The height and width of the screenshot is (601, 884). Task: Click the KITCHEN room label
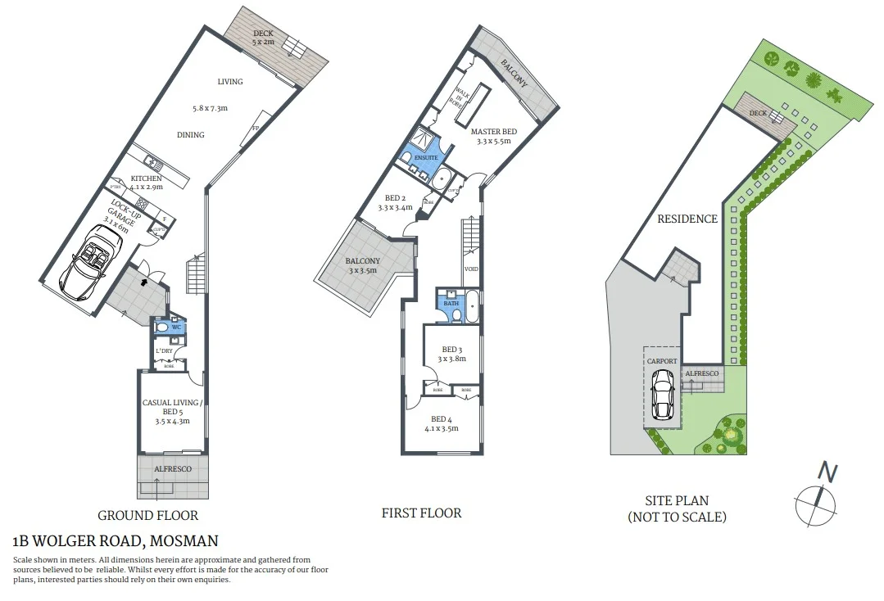coord(145,178)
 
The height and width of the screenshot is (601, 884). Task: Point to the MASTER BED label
coord(493,131)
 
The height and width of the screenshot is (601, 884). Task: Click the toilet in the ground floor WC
coord(163,328)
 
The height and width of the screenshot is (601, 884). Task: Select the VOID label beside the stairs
coord(471,269)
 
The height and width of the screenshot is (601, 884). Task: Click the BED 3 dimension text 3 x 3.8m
coord(451,358)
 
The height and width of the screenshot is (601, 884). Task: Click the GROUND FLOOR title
coord(147,515)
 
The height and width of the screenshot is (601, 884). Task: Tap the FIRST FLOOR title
coord(421,513)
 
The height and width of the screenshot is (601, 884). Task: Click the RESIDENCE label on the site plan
coord(687,219)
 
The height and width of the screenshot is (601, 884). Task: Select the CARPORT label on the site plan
coord(661,360)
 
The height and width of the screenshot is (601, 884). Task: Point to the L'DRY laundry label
coord(164,351)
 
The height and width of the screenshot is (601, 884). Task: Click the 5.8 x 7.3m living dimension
coord(209,108)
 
